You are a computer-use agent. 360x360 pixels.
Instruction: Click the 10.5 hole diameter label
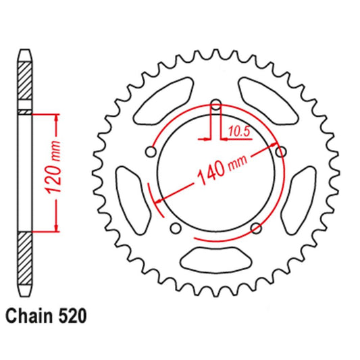point(239,132)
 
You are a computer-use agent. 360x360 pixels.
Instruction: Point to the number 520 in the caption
point(72,315)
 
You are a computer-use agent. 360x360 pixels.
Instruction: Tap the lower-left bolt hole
point(175,228)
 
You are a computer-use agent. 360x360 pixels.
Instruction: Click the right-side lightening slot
point(301,197)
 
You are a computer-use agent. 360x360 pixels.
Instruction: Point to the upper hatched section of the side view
point(25,84)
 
